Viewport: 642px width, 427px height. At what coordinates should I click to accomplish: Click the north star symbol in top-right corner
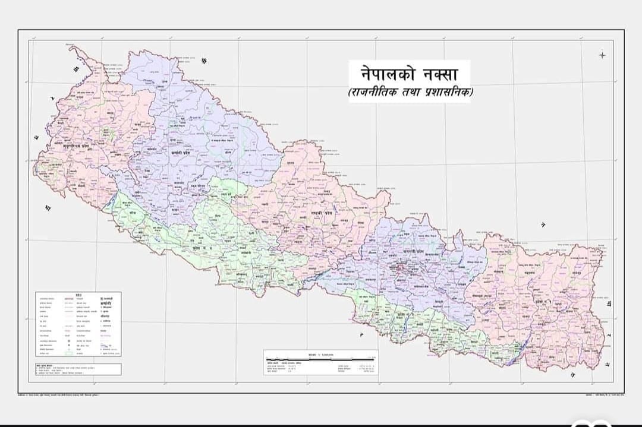point(602,55)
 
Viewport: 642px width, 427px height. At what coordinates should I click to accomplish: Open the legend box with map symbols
point(78,324)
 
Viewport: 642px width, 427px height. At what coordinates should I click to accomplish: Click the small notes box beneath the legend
point(78,368)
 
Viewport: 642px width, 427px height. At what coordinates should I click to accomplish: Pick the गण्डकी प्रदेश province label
point(326,211)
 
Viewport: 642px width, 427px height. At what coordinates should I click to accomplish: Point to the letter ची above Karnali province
point(204,61)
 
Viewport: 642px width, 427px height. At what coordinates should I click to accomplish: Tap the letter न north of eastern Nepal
point(543,224)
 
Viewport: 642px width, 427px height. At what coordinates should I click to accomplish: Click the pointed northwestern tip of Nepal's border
point(71,48)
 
